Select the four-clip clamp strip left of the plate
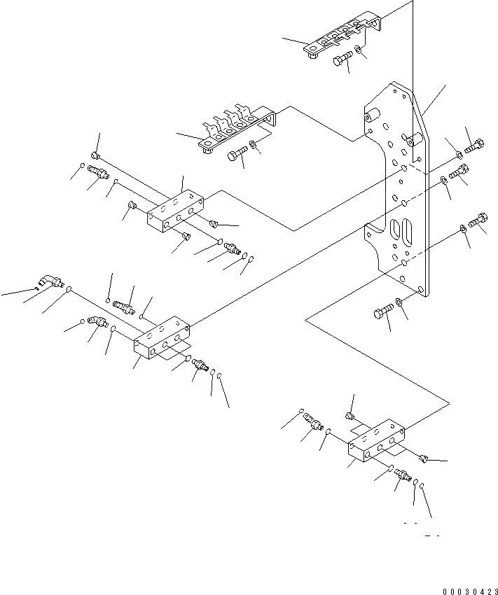tap(235, 129)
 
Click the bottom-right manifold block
tap(378, 442)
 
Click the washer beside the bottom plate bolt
tap(399, 302)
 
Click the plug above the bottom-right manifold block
tap(351, 417)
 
